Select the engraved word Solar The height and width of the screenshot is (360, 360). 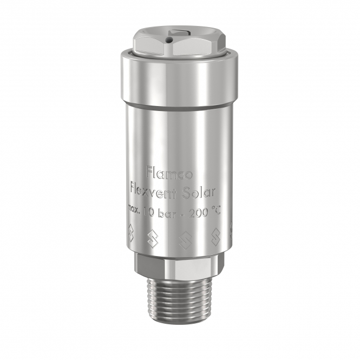(199, 193)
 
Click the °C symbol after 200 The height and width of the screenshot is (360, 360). (215, 210)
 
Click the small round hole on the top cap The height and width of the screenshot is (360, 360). (169, 40)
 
